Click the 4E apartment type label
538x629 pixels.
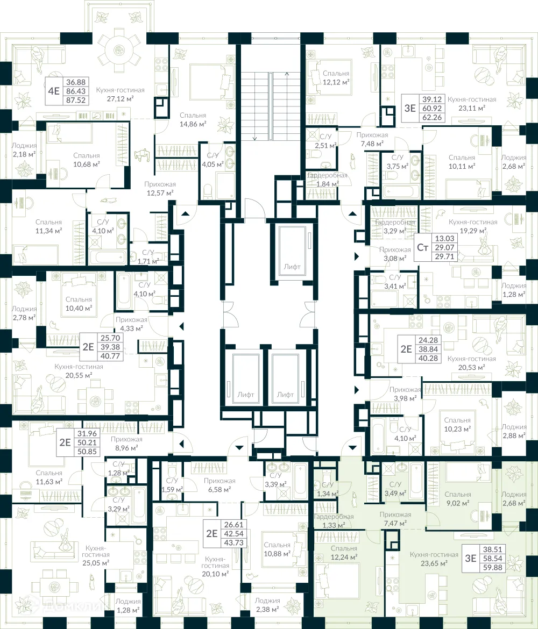pyautogui.click(x=54, y=91)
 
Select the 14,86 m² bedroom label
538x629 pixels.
pyautogui.click(x=193, y=119)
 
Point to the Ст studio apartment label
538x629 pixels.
pyautogui.click(x=422, y=247)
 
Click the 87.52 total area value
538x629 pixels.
pyautogui.click(x=76, y=101)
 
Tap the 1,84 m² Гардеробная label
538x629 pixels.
pyautogui.click(x=327, y=180)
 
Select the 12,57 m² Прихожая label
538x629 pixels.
pyautogui.click(x=160, y=189)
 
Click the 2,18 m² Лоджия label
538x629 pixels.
pyautogui.click(x=24, y=149)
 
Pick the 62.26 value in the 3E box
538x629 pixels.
pyautogui.click(x=432, y=118)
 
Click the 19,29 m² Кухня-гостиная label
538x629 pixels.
pyautogui.click(x=473, y=226)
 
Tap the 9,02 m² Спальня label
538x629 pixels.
pyautogui.click(x=458, y=498)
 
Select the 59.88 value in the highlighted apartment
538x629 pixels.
pyautogui.click(x=493, y=568)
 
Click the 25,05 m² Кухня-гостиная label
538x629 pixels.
pyautogui.click(x=96, y=555)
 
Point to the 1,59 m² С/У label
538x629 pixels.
pyautogui.click(x=172, y=485)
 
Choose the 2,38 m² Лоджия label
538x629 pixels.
pyautogui.click(x=267, y=605)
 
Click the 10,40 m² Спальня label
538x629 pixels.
pyautogui.click(x=79, y=304)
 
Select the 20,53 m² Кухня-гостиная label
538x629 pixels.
pyautogui.click(x=472, y=363)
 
